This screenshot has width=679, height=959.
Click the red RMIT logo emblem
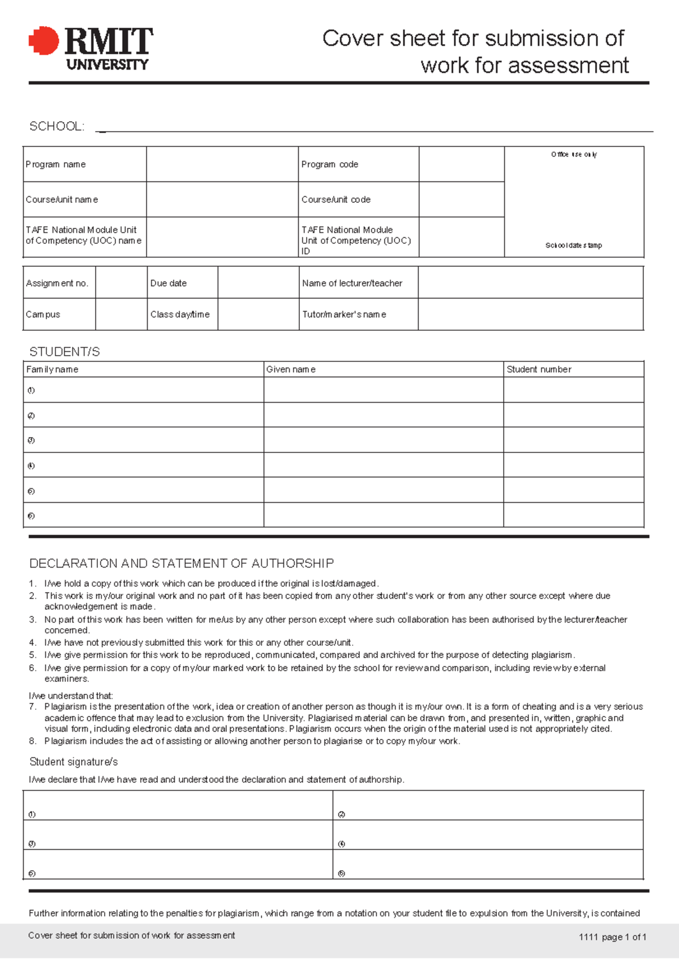pyautogui.click(x=44, y=41)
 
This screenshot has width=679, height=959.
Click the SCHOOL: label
pyautogui.click(x=57, y=126)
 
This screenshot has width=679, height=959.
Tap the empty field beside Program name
pyautogui.click(x=222, y=165)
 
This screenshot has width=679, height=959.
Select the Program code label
pyautogui.click(x=329, y=165)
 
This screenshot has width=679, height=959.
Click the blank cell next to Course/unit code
pyautogui.click(x=461, y=200)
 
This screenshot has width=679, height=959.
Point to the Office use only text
pyautogui.click(x=574, y=154)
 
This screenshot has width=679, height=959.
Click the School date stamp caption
pyautogui.click(x=573, y=245)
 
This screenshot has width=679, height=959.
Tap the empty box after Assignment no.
pyautogui.click(x=121, y=283)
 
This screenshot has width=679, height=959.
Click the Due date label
pyautogui.click(x=168, y=283)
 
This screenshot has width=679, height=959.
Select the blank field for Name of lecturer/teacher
pyautogui.click(x=530, y=283)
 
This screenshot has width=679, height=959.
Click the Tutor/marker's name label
pyautogui.click(x=344, y=314)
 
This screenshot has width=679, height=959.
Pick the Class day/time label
pyautogui.click(x=180, y=314)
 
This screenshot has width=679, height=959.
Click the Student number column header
pyautogui.click(x=539, y=369)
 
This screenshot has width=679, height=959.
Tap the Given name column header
pyautogui.click(x=291, y=369)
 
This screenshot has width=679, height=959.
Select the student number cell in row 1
pyautogui.click(x=573, y=390)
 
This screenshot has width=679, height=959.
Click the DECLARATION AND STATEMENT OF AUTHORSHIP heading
pyautogui.click(x=181, y=563)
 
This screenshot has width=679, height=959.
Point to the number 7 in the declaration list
pyautogui.click(x=32, y=707)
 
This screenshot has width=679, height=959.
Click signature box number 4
pyautogui.click(x=488, y=836)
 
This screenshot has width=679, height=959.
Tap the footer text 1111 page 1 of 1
pyautogui.click(x=612, y=937)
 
